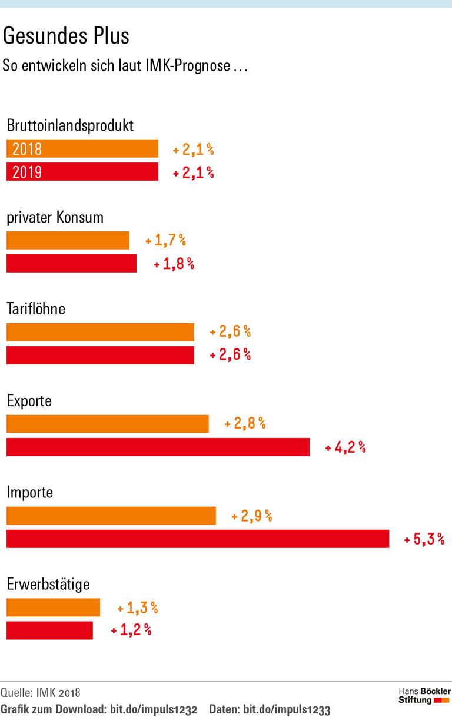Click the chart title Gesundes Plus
66,36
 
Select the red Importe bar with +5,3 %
198,539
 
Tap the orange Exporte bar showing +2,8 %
107,424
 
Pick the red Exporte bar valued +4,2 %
158,447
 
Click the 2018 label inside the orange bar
27,149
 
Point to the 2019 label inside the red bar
27,172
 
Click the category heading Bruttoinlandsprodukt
70,125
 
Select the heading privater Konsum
55,217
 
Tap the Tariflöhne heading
36,309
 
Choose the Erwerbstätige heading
48,585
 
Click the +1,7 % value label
166,240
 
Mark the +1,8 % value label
174,264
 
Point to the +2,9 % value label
252,516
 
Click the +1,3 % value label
138,608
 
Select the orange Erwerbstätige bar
53,608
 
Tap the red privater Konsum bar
71,263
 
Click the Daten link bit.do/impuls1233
287,708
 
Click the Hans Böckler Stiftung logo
424,695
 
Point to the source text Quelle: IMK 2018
41,692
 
